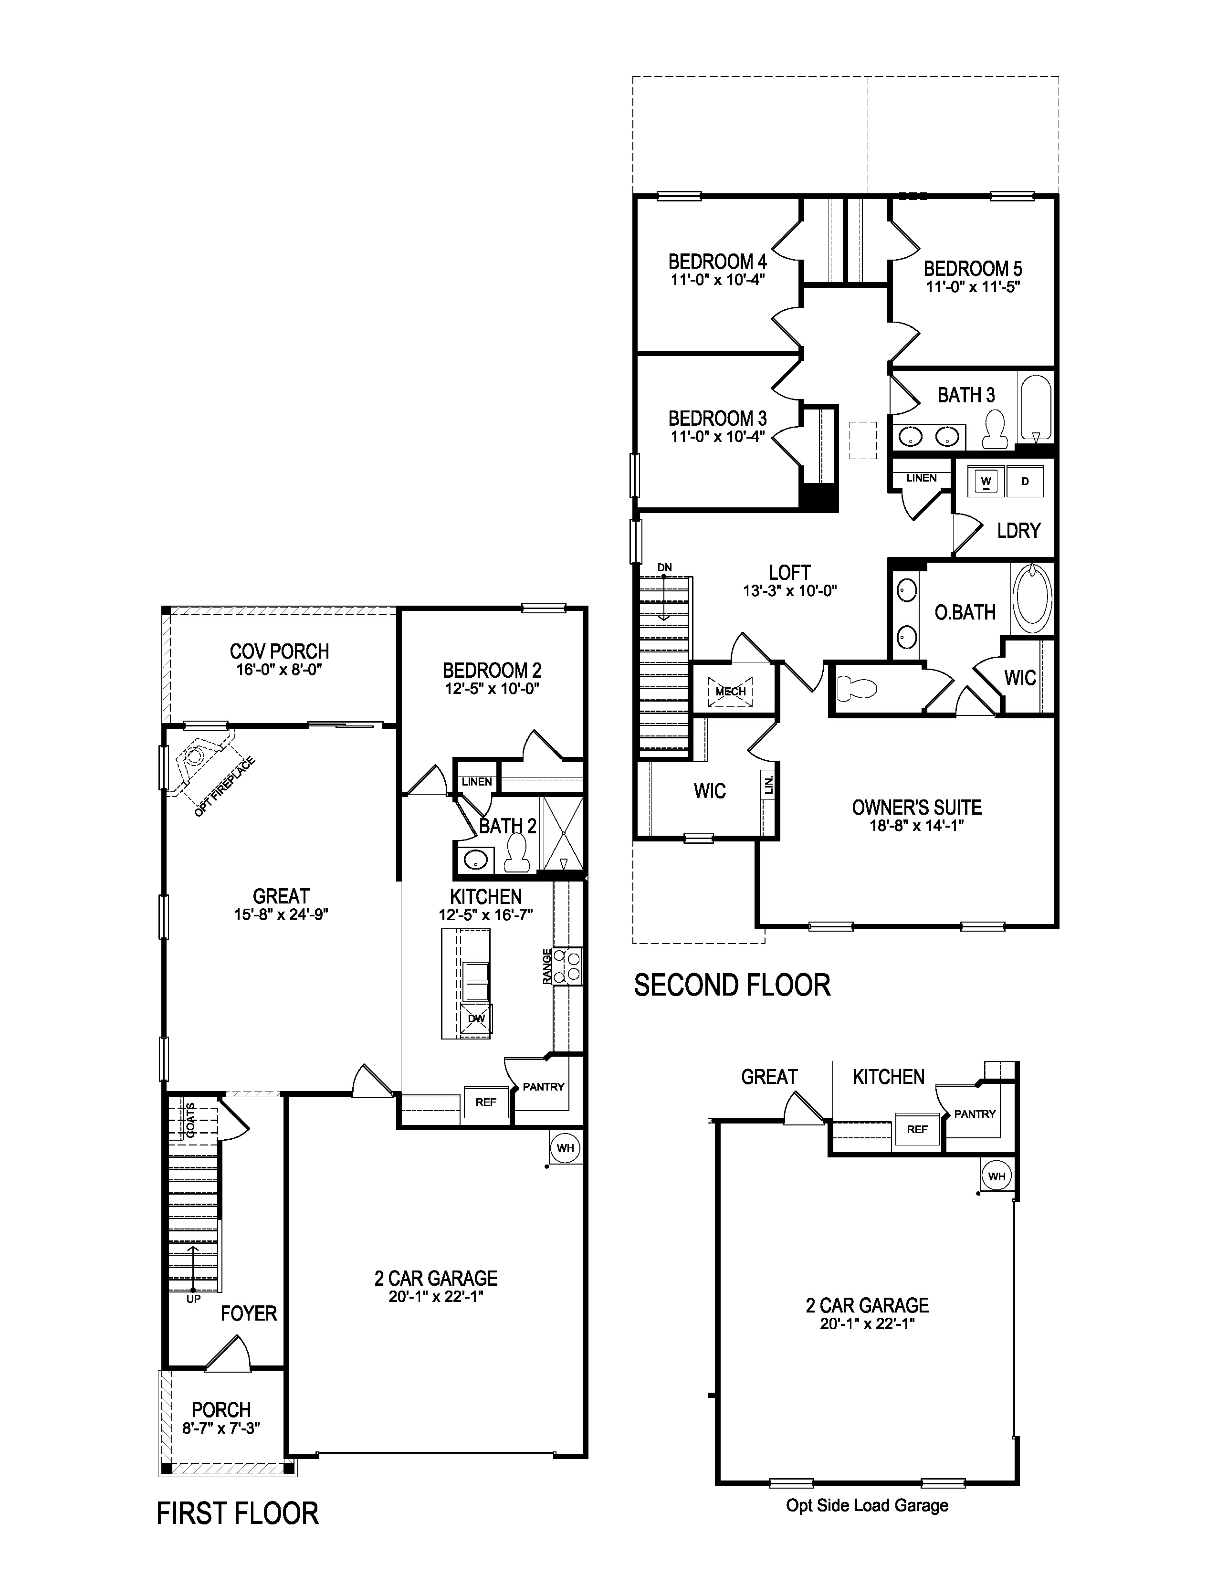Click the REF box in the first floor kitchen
(x=485, y=1102)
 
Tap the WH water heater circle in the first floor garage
(x=565, y=1147)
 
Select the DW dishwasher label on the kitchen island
(x=476, y=1019)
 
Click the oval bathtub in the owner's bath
(x=1032, y=598)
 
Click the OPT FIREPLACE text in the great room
(x=224, y=787)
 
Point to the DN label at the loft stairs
(x=665, y=567)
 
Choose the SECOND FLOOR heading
(x=732, y=985)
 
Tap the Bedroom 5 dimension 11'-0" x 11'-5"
(x=973, y=287)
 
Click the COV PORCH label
(x=279, y=651)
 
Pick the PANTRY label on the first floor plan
(x=543, y=1087)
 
